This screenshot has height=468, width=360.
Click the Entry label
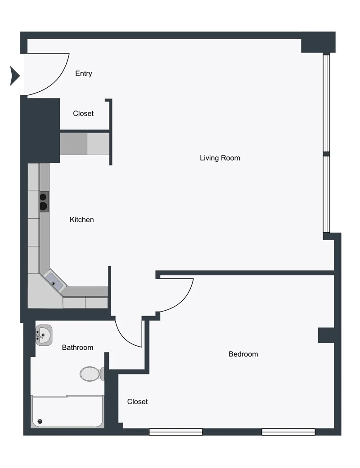[x=84, y=73]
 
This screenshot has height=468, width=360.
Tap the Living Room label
[x=220, y=158]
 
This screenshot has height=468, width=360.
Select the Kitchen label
[x=82, y=219]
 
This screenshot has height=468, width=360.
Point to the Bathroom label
[x=78, y=347]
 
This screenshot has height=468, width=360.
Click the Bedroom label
[x=243, y=354]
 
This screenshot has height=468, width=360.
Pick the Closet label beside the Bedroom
[x=137, y=401]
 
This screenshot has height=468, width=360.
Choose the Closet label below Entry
[x=83, y=113]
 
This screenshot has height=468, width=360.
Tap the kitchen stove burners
[x=44, y=201]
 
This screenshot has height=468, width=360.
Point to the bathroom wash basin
[x=44, y=335]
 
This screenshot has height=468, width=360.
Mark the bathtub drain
[x=40, y=421]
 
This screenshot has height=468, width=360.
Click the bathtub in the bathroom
[x=67, y=411]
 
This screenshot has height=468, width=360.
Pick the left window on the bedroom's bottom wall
[x=176, y=432]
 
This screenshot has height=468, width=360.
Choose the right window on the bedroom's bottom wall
[x=288, y=432]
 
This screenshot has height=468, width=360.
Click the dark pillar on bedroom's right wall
[x=326, y=335]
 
